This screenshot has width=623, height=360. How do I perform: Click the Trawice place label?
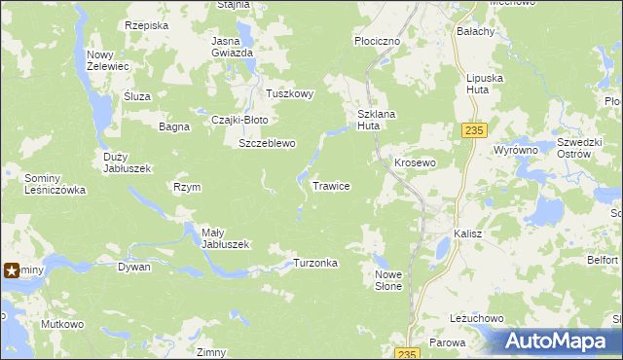[331, 185]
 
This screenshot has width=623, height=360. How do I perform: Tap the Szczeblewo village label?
[267, 143]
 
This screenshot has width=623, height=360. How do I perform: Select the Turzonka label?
[315, 264]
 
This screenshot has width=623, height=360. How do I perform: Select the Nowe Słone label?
[388, 280]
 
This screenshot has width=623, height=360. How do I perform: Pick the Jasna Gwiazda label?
[233, 47]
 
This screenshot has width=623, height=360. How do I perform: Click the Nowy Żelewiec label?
[108, 60]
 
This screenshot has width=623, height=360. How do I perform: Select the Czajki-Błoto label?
[239, 120]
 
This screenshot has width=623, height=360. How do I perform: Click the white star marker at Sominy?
[13, 270]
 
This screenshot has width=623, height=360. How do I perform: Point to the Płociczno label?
[377, 42]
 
